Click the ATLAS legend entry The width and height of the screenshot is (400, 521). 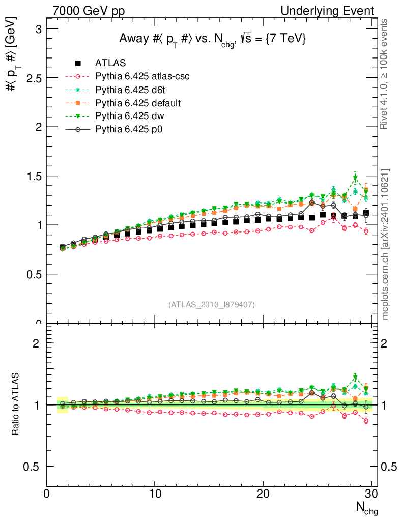tap(110, 63)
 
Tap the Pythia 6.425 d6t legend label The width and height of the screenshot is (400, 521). tap(131, 90)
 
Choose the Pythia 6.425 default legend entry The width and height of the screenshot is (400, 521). tap(138, 103)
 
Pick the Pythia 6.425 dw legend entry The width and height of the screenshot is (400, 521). tap(130, 117)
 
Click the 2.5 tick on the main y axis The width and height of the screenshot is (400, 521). tap(32, 78)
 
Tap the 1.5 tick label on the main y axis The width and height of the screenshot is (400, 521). tap(32, 176)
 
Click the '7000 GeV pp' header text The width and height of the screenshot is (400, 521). tap(89, 11)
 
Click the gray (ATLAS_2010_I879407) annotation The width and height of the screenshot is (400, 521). tap(211, 304)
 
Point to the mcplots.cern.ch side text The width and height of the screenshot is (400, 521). tap(385, 244)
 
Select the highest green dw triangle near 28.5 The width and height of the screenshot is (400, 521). tap(355, 179)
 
